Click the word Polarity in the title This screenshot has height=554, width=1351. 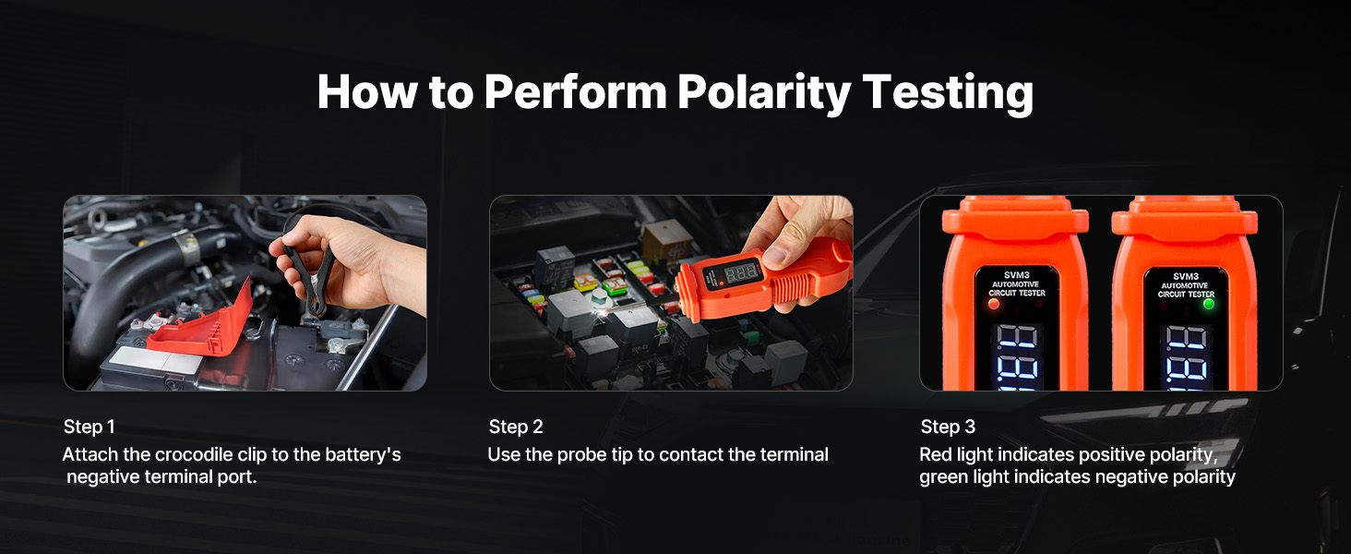pyautogui.click(x=763, y=92)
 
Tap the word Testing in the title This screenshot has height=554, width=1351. pyautogui.click(x=948, y=92)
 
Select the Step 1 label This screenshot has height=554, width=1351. pyautogui.click(x=90, y=427)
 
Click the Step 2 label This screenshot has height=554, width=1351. pyautogui.click(x=516, y=427)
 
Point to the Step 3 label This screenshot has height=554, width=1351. pyautogui.click(x=948, y=427)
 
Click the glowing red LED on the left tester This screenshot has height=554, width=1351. pyautogui.click(x=993, y=304)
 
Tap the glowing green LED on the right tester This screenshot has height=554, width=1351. pyautogui.click(x=1209, y=304)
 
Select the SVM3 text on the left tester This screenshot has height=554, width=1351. pyautogui.click(x=1016, y=275)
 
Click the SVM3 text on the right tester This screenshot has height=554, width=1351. pyautogui.click(x=1186, y=276)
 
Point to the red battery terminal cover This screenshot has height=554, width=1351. pyautogui.click(x=205, y=329)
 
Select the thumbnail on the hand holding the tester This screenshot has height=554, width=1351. pyautogui.click(x=774, y=257)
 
